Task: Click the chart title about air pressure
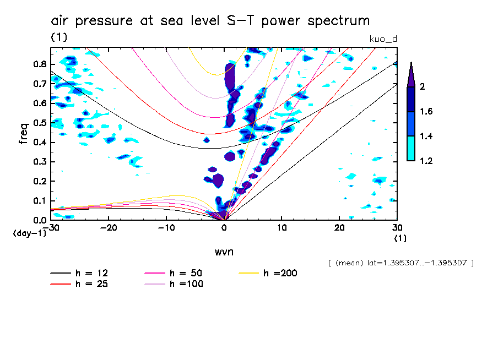tap(210, 21)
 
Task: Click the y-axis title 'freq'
tap(24, 133)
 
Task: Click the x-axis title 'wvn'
tap(224, 252)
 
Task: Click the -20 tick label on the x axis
tap(109, 227)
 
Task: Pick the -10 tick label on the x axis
tap(166, 227)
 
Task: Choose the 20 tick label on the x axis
tap(339, 227)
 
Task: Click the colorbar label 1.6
tap(426, 112)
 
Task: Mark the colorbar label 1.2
tap(426, 161)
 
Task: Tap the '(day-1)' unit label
tap(30, 233)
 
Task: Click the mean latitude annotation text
tap(400, 263)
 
